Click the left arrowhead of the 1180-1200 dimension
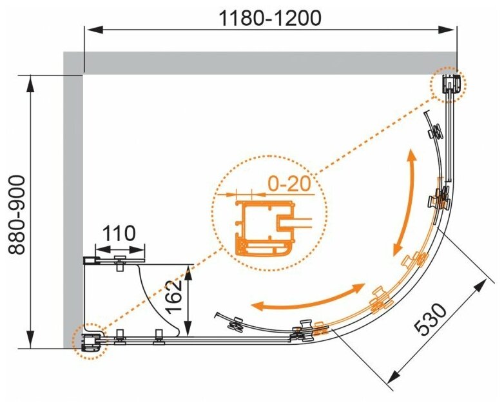(x=91, y=28)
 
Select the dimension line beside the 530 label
(x=445, y=335)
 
